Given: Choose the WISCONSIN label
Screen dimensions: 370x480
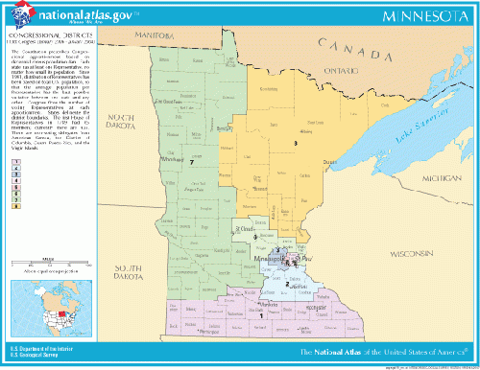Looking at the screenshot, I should [411, 254].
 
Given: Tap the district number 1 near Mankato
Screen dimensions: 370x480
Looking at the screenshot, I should [260, 313].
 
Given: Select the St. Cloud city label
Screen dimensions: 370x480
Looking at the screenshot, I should [247, 230].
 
